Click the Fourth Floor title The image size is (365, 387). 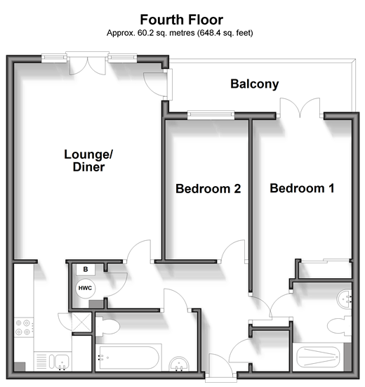[x=182, y=20]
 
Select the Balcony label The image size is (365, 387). [x=255, y=84]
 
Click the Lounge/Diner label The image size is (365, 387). [x=88, y=160]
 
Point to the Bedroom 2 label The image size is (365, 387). [x=208, y=189]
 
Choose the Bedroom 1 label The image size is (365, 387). [x=302, y=188]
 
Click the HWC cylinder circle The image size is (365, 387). [x=86, y=288]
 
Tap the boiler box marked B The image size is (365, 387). [x=86, y=270]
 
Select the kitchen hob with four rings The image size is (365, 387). [x=23, y=327]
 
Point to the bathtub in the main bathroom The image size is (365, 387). [x=128, y=358]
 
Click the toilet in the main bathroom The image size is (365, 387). [x=107, y=327]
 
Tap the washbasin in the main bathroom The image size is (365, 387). [x=179, y=364]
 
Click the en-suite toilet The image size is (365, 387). [x=340, y=326]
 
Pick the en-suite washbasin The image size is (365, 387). [x=344, y=299]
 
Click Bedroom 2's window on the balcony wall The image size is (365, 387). [x=211, y=115]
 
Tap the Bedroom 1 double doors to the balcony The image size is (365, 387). [x=300, y=108]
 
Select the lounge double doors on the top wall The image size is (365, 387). [x=88, y=63]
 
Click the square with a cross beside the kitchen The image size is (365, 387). [x=81, y=322]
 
